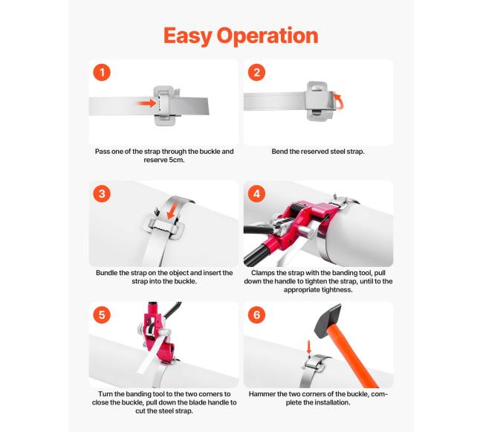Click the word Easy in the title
coord(187,36)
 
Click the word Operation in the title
coord(268,36)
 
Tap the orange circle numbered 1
coord(102,73)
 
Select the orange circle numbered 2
coord(256,73)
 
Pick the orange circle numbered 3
coord(102,194)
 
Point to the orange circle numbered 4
coord(256,194)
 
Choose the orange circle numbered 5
coord(102,315)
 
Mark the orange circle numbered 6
coord(256,315)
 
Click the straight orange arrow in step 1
coord(146,103)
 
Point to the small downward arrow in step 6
coord(309,347)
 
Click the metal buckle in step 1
coord(164,106)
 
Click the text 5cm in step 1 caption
coord(176,160)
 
